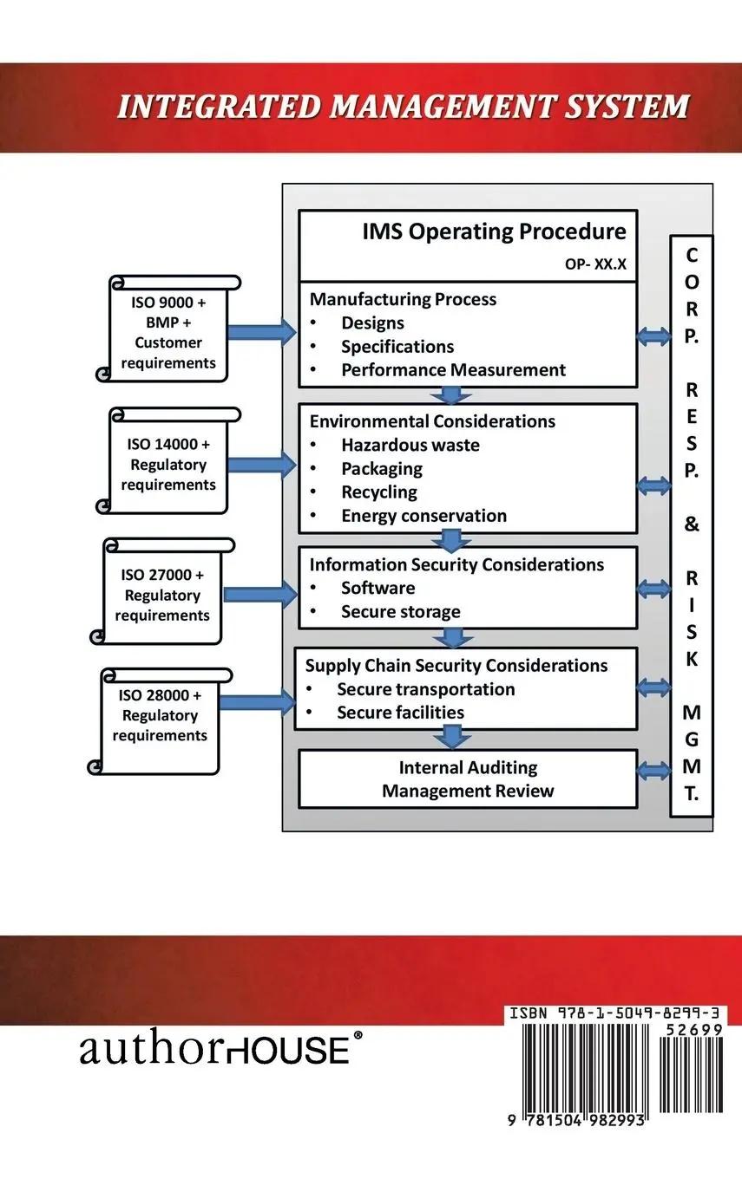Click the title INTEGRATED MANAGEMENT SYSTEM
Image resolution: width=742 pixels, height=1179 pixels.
point(404,107)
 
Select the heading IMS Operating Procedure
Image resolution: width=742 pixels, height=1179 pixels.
point(494,231)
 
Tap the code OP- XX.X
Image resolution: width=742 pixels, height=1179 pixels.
point(595,264)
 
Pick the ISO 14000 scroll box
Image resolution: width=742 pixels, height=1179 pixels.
point(168,464)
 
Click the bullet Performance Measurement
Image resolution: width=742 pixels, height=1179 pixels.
point(453,370)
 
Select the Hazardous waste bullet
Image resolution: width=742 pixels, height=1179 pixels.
point(410,446)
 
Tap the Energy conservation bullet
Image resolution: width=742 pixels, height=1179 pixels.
point(424,516)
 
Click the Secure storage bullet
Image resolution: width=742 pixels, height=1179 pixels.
point(400,612)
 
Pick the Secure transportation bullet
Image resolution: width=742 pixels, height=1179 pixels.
point(425,689)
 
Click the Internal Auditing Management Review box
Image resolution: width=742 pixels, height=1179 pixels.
point(468,778)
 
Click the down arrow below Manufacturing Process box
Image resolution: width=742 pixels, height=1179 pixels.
point(450,395)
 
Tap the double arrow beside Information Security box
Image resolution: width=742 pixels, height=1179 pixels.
point(653,589)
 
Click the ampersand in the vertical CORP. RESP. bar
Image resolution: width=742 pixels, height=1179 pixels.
point(692,524)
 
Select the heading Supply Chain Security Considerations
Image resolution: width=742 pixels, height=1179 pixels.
point(456,666)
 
